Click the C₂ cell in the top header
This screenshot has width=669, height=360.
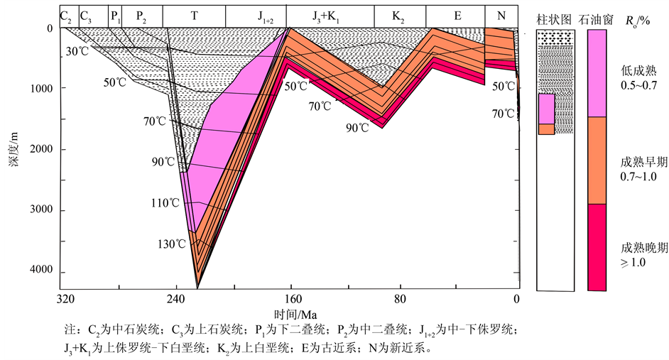tap(67, 15)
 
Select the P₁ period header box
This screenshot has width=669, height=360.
tap(116, 15)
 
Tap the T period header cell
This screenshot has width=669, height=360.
tap(194, 15)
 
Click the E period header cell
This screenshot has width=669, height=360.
tap(458, 15)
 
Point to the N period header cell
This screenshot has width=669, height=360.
tap(501, 15)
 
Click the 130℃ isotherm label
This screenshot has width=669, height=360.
tap(172, 244)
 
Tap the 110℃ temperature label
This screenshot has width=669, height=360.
tap(165, 203)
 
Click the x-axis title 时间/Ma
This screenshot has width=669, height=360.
tap(295, 314)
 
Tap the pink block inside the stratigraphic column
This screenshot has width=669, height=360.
tap(546, 109)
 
